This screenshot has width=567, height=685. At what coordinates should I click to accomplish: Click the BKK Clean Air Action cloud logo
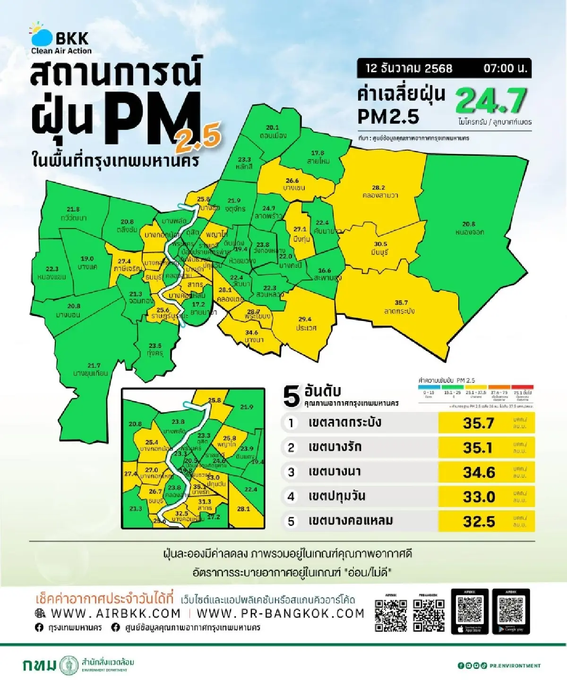(41, 34)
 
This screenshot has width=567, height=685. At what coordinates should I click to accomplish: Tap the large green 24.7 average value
(491, 101)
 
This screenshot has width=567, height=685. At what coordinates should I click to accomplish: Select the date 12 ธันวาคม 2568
(409, 68)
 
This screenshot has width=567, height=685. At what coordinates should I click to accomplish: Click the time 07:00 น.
(505, 68)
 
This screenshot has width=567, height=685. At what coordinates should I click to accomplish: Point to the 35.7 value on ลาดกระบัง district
(401, 303)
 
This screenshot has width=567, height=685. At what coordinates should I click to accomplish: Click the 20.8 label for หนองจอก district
(469, 224)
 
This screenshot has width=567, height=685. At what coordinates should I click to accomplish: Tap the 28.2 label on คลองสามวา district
(378, 187)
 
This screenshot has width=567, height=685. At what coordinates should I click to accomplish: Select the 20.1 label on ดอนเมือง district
(273, 127)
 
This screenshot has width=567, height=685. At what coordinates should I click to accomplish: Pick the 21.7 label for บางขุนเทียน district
(94, 365)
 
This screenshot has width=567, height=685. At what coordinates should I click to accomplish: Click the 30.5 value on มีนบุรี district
(380, 244)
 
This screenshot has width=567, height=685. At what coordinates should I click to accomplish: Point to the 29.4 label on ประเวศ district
(305, 319)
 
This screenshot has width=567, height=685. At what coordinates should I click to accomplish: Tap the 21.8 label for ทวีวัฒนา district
(73, 209)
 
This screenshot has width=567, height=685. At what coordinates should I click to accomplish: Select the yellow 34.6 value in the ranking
(479, 472)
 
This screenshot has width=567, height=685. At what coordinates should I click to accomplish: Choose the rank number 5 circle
(291, 521)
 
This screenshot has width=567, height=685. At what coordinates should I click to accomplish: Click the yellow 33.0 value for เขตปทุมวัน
(479, 497)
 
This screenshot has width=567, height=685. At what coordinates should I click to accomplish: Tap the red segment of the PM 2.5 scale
(522, 387)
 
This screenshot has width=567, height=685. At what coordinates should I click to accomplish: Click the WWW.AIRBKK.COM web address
(116, 613)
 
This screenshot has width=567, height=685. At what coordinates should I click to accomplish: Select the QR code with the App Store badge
(469, 611)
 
